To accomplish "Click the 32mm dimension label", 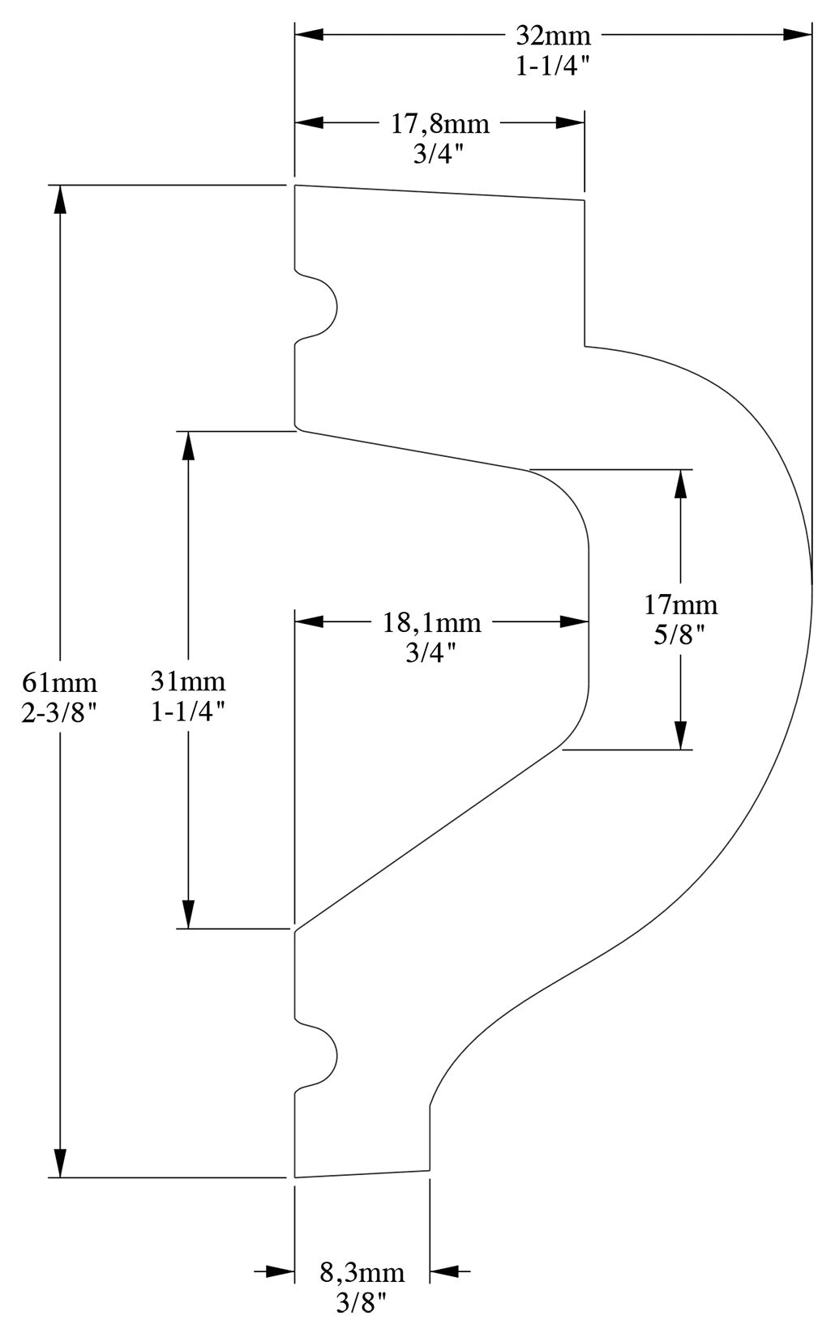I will pyautogui.click(x=554, y=36).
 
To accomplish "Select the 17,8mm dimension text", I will pyautogui.click(x=440, y=124).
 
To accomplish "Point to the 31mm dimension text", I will pyautogui.click(x=188, y=681).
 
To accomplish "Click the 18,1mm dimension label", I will pyautogui.click(x=431, y=623).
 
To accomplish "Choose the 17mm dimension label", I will pyautogui.click(x=681, y=604).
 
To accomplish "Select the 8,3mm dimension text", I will pyautogui.click(x=362, y=1271).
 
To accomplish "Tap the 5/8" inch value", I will pyautogui.click(x=681, y=635).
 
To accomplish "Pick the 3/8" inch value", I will pyautogui.click(x=362, y=1302).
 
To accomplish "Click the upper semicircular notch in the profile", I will pyautogui.click(x=318, y=308).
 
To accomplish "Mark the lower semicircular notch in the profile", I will pyautogui.click(x=318, y=1057).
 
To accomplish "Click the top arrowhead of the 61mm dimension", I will pyautogui.click(x=58, y=199).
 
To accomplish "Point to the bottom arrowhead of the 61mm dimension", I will pyautogui.click(x=58, y=1163).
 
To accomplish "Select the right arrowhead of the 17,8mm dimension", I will pyautogui.click(x=570, y=123).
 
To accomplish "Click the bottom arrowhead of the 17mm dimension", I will pyautogui.click(x=681, y=735).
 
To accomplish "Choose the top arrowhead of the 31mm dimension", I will pyautogui.click(x=188, y=445).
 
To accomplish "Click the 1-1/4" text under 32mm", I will pyautogui.click(x=554, y=66).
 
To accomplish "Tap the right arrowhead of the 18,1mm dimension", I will pyautogui.click(x=573, y=622).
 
